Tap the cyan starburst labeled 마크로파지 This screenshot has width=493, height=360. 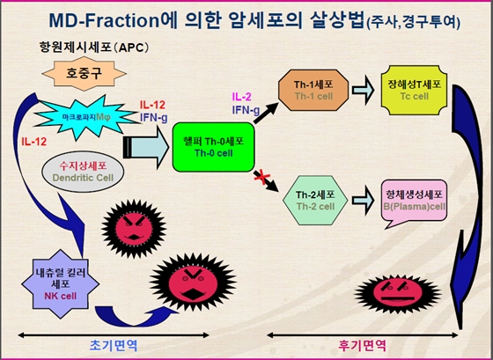coord(87,116)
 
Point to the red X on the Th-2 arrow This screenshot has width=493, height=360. coord(260,180)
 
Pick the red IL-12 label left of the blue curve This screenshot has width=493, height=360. coord(34,140)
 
